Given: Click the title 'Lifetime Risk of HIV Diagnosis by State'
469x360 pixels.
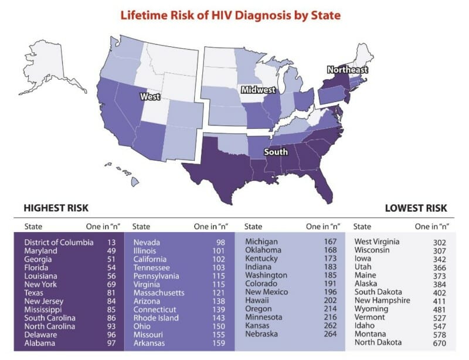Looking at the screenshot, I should [230, 15].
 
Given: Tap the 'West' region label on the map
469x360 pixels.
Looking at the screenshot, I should [151, 96].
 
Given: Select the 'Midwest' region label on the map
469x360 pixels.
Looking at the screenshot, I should [258, 90].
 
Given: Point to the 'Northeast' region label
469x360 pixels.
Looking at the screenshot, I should [348, 70].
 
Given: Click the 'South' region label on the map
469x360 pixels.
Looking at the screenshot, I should [276, 152].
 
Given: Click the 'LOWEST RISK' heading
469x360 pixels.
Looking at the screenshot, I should [416, 208].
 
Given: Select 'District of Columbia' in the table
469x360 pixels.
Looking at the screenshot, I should [59, 242].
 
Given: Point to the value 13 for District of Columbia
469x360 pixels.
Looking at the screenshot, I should [111, 242].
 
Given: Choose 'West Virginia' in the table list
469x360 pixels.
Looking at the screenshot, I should [377, 242].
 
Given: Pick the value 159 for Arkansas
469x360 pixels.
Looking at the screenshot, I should [220, 343].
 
